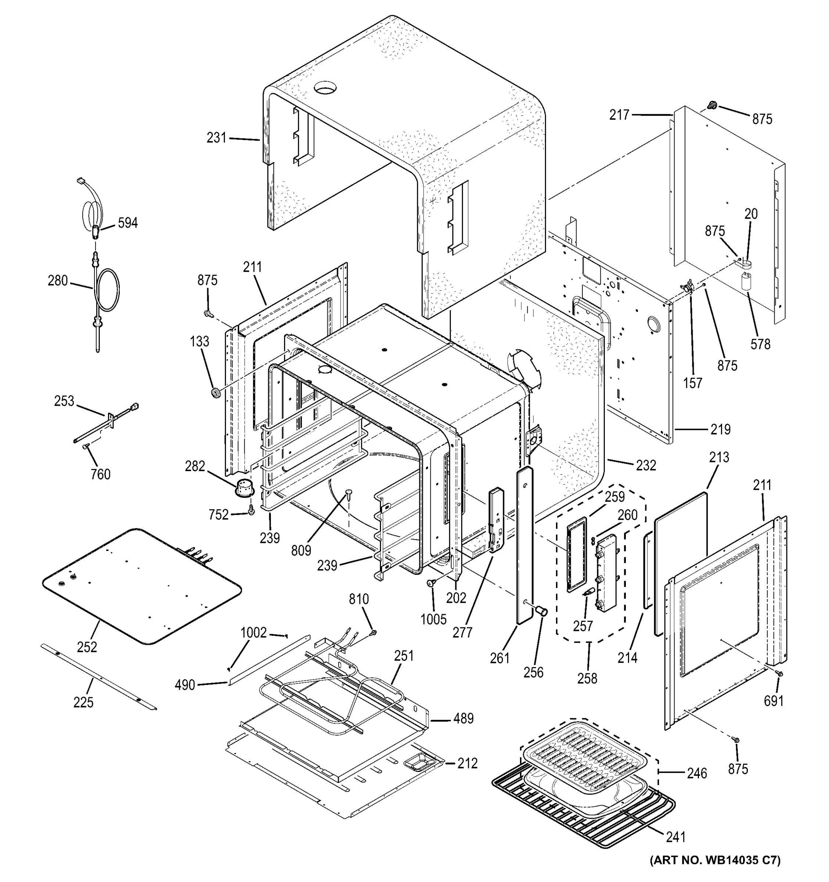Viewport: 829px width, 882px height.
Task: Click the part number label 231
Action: coord(216,138)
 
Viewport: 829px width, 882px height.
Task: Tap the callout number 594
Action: coord(128,223)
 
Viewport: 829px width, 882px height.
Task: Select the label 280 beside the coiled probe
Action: coord(58,280)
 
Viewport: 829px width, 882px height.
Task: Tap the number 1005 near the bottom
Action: coord(433,619)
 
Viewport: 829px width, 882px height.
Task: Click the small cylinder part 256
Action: coord(541,612)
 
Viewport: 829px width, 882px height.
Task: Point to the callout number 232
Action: coord(645,465)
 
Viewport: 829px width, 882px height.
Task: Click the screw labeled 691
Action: coord(780,674)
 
